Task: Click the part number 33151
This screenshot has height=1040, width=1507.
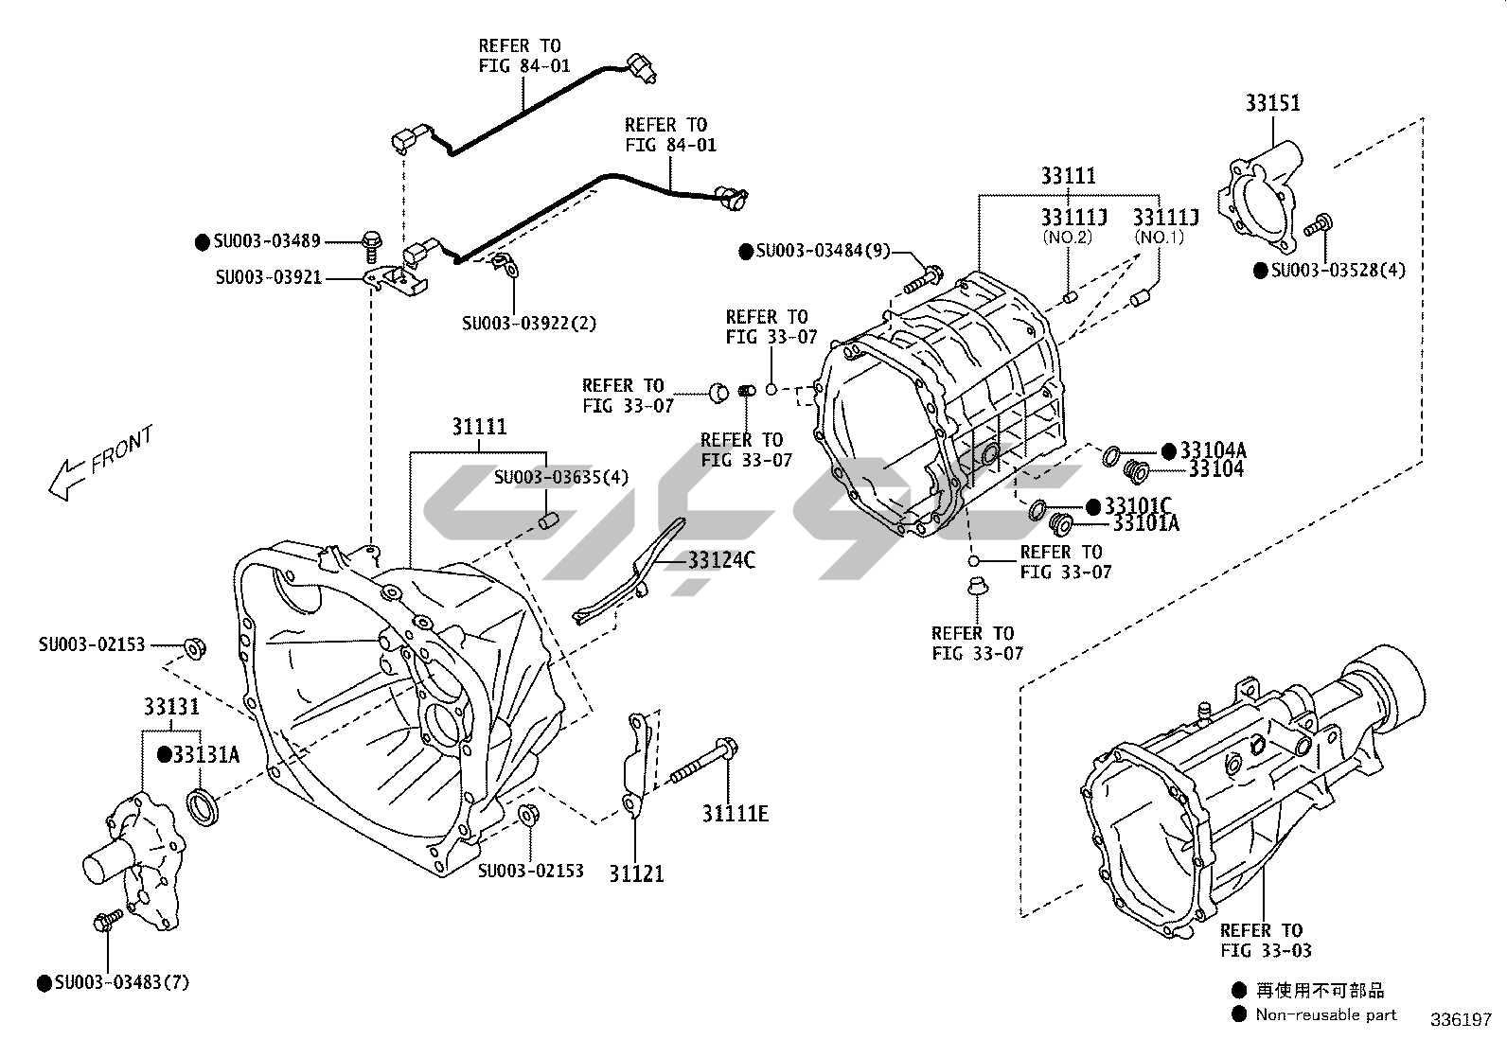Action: point(1272,102)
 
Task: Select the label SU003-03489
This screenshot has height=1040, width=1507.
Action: point(267,241)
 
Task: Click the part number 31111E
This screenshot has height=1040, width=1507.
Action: point(736,813)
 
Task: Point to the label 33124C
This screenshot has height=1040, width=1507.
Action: point(721,560)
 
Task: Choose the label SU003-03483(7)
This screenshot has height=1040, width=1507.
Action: point(121,983)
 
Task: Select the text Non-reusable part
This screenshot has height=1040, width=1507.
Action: point(1325,1014)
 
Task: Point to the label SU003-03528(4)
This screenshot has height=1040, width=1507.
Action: point(1339,271)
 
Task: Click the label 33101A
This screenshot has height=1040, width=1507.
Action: point(1145,522)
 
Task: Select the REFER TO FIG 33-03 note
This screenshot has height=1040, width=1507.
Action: point(1266,941)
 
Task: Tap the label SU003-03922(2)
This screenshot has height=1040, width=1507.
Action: point(529,323)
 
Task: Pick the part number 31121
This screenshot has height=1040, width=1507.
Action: point(636,873)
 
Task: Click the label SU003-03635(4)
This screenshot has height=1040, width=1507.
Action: point(561,477)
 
